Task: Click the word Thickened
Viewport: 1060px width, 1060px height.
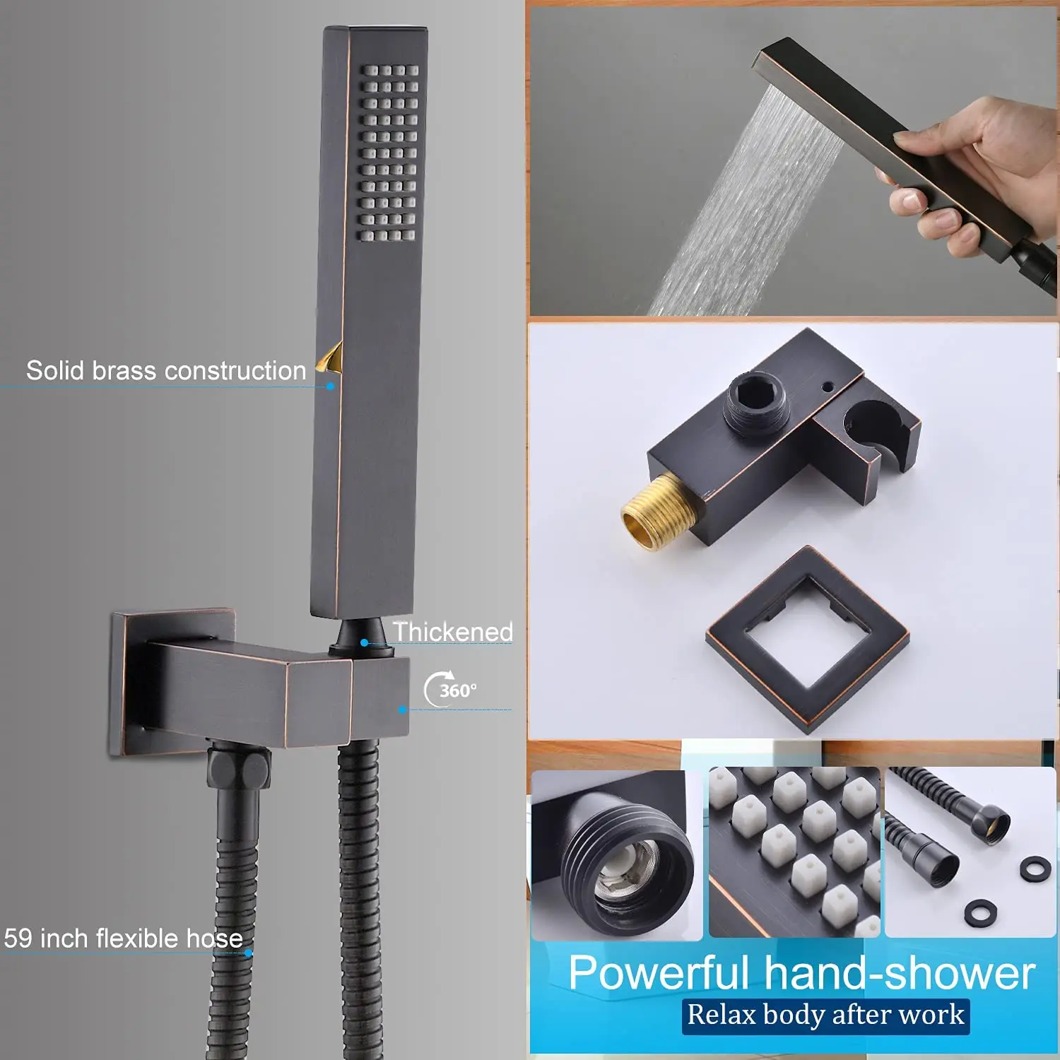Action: click(x=453, y=632)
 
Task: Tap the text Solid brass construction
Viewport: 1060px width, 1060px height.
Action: click(x=166, y=370)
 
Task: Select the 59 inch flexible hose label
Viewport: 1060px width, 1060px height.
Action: click(x=124, y=938)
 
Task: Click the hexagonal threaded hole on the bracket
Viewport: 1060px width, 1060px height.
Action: click(x=757, y=400)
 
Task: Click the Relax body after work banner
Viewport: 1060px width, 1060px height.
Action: click(x=825, y=1015)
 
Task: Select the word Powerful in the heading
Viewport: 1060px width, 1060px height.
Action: click(x=658, y=973)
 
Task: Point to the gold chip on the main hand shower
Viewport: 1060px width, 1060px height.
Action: click(x=330, y=356)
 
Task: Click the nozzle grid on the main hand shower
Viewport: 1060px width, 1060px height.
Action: click(x=389, y=153)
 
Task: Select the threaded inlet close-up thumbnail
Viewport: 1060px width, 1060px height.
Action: click(x=616, y=855)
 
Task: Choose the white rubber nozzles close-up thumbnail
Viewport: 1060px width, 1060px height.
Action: click(x=794, y=852)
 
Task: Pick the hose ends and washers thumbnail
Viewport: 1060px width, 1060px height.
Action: click(x=970, y=852)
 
